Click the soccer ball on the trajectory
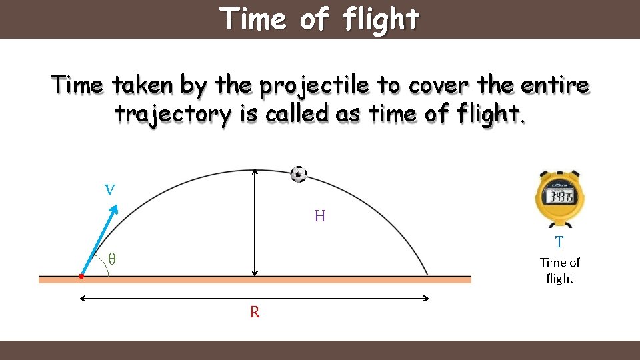pos(299,174)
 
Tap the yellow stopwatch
pos(559,197)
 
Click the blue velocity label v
pos(110,189)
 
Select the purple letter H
pos(320,216)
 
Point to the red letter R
pos(255,312)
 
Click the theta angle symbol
pos(112,259)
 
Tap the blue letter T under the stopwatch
pos(559,242)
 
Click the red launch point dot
pos(81,275)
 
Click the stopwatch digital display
pos(559,196)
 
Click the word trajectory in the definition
pos(172,115)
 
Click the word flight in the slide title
pos(381,19)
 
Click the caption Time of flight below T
pos(559,270)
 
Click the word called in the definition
pos(297,114)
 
